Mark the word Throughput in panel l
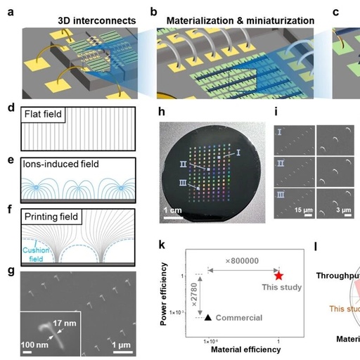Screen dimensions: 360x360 click(x=338, y=276)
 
